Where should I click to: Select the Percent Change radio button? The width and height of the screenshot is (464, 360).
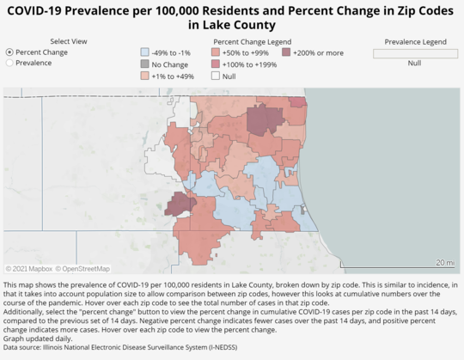[10, 52]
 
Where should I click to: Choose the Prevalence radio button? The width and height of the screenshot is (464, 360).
[10, 63]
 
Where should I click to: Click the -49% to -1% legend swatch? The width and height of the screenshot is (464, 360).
[144, 52]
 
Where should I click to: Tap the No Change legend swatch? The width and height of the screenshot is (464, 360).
[144, 64]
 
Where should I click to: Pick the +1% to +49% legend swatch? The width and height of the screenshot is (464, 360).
[144, 76]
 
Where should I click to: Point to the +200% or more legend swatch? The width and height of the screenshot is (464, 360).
[285, 52]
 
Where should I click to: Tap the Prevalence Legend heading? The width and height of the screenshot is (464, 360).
[415, 41]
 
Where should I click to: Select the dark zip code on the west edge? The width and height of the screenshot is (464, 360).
[179, 204]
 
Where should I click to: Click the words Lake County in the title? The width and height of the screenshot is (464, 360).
[231, 26]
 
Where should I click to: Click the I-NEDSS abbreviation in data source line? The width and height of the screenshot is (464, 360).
[217, 347]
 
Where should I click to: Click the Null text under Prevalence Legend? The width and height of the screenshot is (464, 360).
[415, 63]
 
